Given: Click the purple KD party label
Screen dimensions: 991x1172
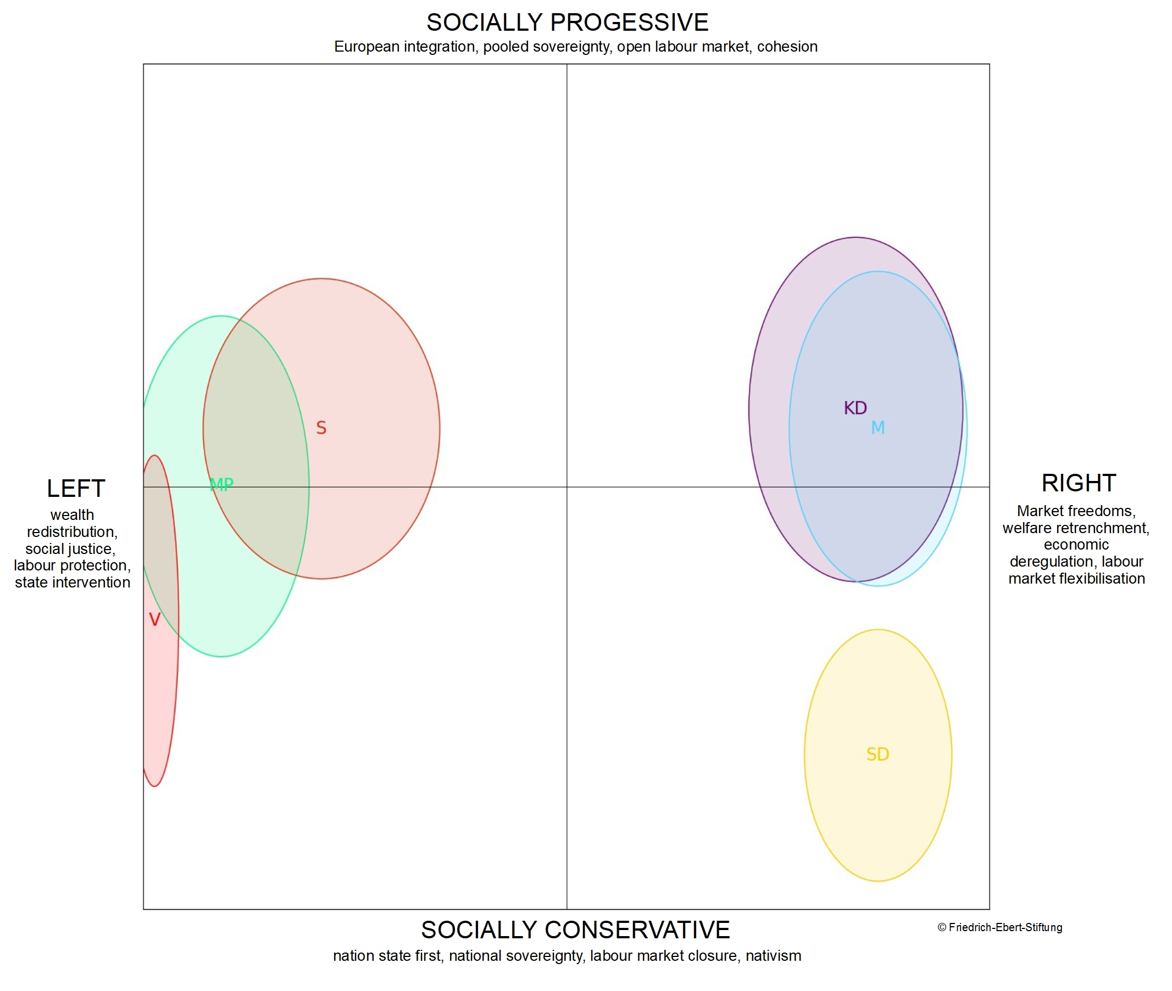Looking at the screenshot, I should tap(855, 408).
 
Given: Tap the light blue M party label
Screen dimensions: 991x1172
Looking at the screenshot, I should tap(877, 428).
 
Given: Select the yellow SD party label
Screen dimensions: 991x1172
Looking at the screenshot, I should tap(877, 754).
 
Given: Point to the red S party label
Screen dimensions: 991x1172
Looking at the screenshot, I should tap(321, 428).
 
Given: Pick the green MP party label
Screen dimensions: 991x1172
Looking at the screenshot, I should tap(221, 484).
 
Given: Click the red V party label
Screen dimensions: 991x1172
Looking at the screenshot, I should tap(154, 620).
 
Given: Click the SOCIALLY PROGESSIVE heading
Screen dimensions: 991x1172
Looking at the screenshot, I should tap(567, 23).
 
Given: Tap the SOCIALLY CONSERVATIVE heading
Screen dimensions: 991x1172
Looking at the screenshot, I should tap(575, 930).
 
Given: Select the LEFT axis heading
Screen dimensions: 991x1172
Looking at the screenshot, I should tap(76, 489).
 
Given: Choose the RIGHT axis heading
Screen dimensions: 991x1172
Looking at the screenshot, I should tap(1078, 483).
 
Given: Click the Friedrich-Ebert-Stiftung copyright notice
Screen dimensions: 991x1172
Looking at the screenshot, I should tap(999, 927).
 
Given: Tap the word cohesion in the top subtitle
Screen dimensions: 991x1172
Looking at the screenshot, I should tap(787, 47).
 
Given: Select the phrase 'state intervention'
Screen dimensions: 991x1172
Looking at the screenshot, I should tap(73, 583).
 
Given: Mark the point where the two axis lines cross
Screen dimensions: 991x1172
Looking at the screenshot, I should tap(566, 487).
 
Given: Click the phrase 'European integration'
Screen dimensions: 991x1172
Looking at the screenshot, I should tap(405, 47).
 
